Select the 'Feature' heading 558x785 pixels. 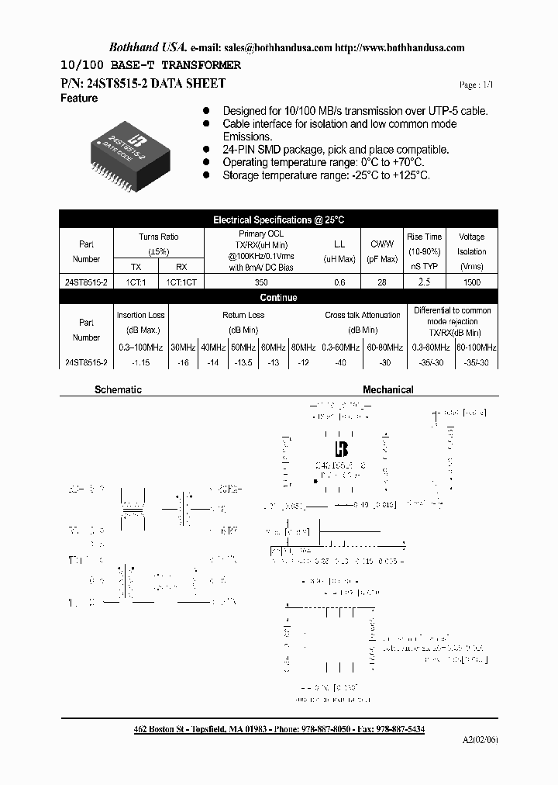point(79,99)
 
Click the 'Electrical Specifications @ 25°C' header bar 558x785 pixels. point(278,220)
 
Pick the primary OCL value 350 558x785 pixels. point(261,282)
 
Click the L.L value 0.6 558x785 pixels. point(339,282)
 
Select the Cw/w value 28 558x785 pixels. point(382,282)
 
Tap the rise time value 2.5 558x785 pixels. point(424,282)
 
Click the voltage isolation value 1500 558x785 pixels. point(471,282)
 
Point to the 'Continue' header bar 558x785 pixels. point(278,297)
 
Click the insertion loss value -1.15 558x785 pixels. point(140,362)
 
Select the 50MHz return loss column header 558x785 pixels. point(244,347)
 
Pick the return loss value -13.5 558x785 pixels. point(244,362)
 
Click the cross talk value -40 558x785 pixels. point(341,362)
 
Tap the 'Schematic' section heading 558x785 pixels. point(118,389)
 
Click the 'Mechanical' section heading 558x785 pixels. point(387,389)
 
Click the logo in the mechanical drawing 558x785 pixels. point(341,449)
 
